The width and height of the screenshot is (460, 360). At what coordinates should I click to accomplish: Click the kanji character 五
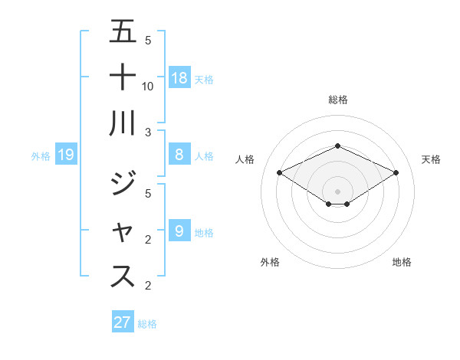point(123,31)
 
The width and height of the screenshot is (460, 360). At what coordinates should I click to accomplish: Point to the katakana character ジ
point(123,184)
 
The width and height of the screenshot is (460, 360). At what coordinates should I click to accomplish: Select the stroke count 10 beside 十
point(148,86)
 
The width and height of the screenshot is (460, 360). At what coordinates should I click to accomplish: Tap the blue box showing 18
point(179,78)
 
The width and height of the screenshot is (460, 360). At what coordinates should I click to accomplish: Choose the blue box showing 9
point(179,230)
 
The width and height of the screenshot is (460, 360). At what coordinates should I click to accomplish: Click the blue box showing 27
point(122,322)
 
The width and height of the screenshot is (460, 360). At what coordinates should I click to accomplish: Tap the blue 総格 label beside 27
point(147,324)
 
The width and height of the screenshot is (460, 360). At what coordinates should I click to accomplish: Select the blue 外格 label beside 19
point(41,156)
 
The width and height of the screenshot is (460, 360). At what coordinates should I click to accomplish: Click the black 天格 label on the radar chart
point(431,159)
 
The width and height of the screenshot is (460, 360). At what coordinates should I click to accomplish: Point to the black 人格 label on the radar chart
point(245,159)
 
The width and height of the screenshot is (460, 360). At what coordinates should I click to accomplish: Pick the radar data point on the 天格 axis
point(396,172)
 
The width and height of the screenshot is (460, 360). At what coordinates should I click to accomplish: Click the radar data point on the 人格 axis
point(279,172)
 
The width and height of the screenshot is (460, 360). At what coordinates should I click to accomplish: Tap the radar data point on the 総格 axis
point(337,146)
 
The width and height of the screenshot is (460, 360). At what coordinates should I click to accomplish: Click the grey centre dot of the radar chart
point(337,191)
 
